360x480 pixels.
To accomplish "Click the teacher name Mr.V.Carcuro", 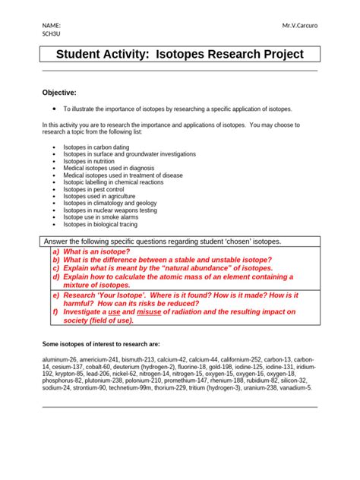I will [299, 26].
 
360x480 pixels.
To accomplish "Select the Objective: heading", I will [58, 92].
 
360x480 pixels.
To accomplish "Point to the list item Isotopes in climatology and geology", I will [110, 203].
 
